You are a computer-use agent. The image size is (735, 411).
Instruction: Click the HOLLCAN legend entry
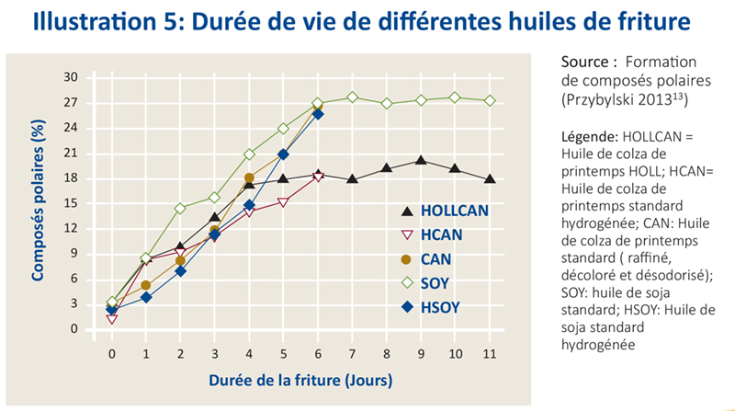tap(454, 211)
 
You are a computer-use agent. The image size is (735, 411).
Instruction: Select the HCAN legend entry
tap(446, 234)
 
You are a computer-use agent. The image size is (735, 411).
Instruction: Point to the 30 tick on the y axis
tap(70, 77)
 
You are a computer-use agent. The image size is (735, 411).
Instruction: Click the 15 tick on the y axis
tap(70, 203)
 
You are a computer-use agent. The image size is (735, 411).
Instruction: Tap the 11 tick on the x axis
tap(491, 353)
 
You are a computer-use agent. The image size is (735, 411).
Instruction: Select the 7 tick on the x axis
tap(353, 353)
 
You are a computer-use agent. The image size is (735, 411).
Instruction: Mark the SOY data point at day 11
tap(491, 100)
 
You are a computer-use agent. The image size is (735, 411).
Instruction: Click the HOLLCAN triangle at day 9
tap(421, 160)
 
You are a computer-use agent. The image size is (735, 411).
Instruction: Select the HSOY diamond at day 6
tap(318, 114)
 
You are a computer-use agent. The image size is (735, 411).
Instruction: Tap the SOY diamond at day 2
tap(180, 208)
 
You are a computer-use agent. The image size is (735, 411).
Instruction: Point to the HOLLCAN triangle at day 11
tap(491, 179)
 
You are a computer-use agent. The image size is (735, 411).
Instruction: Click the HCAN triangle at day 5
tap(284, 202)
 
